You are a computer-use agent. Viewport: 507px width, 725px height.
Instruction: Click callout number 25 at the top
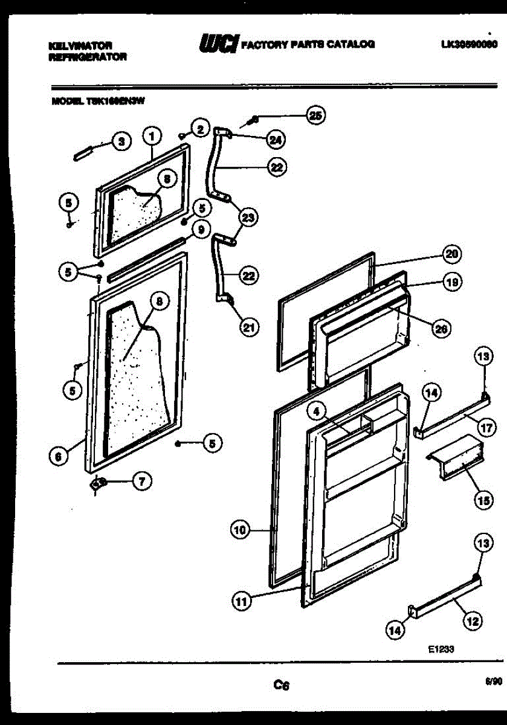[x=315, y=115]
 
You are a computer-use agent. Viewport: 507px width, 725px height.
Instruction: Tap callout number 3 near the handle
[x=121, y=141]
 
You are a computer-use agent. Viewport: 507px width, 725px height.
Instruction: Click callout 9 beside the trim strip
[x=199, y=229]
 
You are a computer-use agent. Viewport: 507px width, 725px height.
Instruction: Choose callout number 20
[x=451, y=254]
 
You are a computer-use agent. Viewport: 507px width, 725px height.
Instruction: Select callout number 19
[x=451, y=282]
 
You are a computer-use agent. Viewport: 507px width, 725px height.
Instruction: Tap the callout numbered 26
[x=441, y=328]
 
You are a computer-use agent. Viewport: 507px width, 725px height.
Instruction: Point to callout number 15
[x=482, y=500]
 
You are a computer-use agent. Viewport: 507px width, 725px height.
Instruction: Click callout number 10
[x=240, y=530]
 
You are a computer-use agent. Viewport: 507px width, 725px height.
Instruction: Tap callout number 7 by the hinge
[x=141, y=481]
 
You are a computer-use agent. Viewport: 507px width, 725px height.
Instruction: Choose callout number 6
[x=58, y=457]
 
